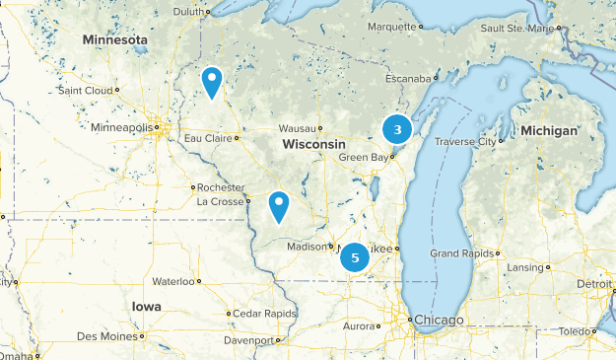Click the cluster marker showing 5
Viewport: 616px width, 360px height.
[x=354, y=258]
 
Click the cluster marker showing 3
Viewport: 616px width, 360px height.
[x=396, y=129]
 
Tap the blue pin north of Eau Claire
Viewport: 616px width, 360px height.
[x=211, y=81]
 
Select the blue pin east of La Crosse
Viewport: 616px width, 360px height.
[x=279, y=206]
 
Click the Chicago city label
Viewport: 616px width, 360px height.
[x=438, y=320]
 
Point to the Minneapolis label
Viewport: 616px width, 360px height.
[x=122, y=128]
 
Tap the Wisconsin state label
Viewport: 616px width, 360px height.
[x=313, y=144]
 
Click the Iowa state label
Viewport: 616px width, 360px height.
[x=146, y=307]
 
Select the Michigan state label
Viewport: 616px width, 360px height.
[x=549, y=130]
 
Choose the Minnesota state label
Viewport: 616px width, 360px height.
[x=114, y=40]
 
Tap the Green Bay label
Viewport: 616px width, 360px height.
[x=362, y=157]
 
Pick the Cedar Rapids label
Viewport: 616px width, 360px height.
[x=265, y=314]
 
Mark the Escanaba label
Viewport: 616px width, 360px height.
[x=409, y=78]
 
